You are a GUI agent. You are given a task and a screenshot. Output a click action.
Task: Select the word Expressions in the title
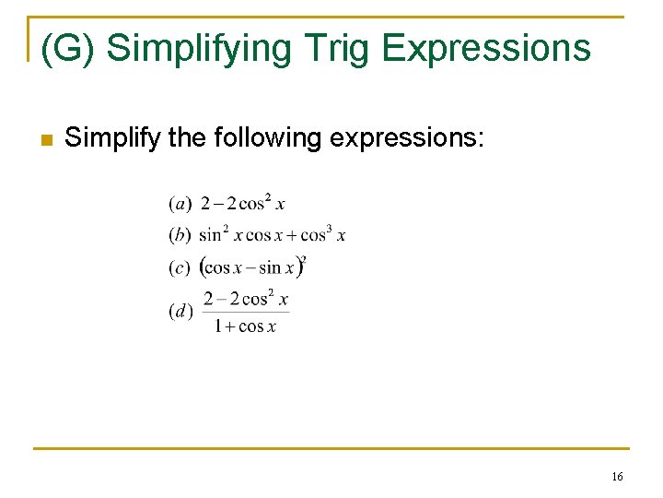pyautogui.click(x=485, y=48)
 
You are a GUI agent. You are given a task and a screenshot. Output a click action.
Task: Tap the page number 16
pyautogui.click(x=617, y=476)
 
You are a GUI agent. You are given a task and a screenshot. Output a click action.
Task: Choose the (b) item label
pyautogui.click(x=180, y=235)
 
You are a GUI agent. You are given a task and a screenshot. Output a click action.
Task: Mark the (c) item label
pyautogui.click(x=180, y=267)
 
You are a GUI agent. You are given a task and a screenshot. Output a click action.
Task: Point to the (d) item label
pyautogui.click(x=180, y=311)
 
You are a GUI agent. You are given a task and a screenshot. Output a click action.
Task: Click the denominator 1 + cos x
pyautogui.click(x=245, y=326)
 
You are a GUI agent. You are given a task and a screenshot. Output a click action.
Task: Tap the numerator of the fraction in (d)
pyautogui.click(x=245, y=298)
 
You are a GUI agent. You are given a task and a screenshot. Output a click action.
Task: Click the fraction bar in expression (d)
pyautogui.click(x=245, y=312)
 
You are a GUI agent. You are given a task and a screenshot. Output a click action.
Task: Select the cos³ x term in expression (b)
pyautogui.click(x=323, y=234)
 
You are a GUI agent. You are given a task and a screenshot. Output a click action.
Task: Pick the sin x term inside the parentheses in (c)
pyautogui.click(x=277, y=268)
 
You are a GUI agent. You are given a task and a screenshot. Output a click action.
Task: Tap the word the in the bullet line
pyautogui.click(x=189, y=139)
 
